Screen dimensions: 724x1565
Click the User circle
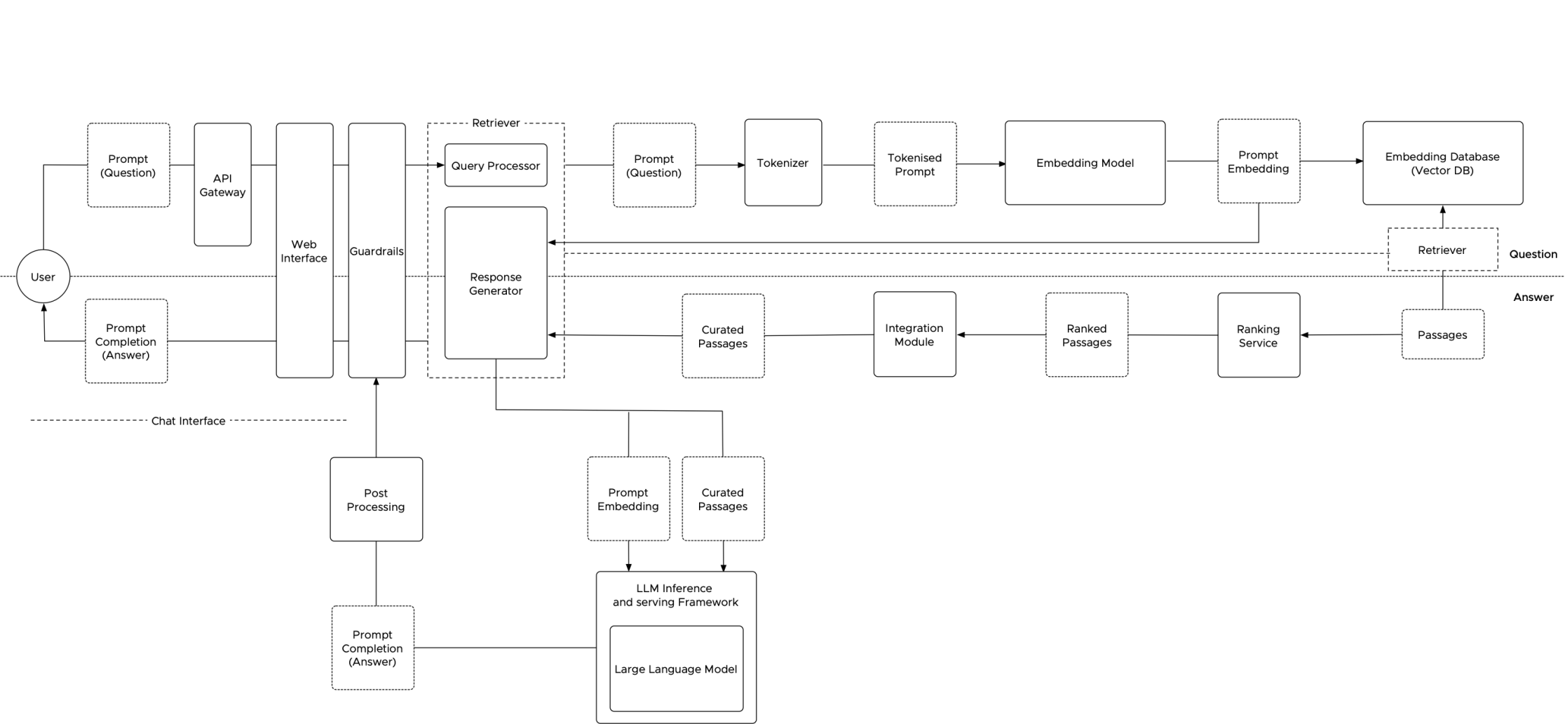coord(43,276)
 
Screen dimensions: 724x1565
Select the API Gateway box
coord(222,185)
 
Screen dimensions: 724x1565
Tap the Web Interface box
coord(304,250)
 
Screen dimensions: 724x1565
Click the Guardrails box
coord(377,250)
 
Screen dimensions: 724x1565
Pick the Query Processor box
coord(496,166)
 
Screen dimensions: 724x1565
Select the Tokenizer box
coord(782,163)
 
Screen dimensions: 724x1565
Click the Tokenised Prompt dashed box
coord(915,164)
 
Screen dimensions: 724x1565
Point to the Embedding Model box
coord(1085,163)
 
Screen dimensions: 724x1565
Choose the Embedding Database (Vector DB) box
coord(1442,163)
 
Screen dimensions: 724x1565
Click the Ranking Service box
coord(1258,335)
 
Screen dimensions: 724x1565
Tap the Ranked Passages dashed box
coord(1086,335)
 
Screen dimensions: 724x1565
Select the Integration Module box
coord(914,335)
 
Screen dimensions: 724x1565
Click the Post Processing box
coord(376,500)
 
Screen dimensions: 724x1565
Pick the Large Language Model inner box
coord(676,669)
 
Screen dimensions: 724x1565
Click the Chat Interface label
coord(188,421)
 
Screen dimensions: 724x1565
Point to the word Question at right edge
coord(1533,254)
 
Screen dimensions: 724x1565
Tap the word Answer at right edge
coord(1533,297)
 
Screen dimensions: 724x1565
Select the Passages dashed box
coord(1442,335)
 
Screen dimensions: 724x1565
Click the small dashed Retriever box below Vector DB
coord(1442,250)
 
